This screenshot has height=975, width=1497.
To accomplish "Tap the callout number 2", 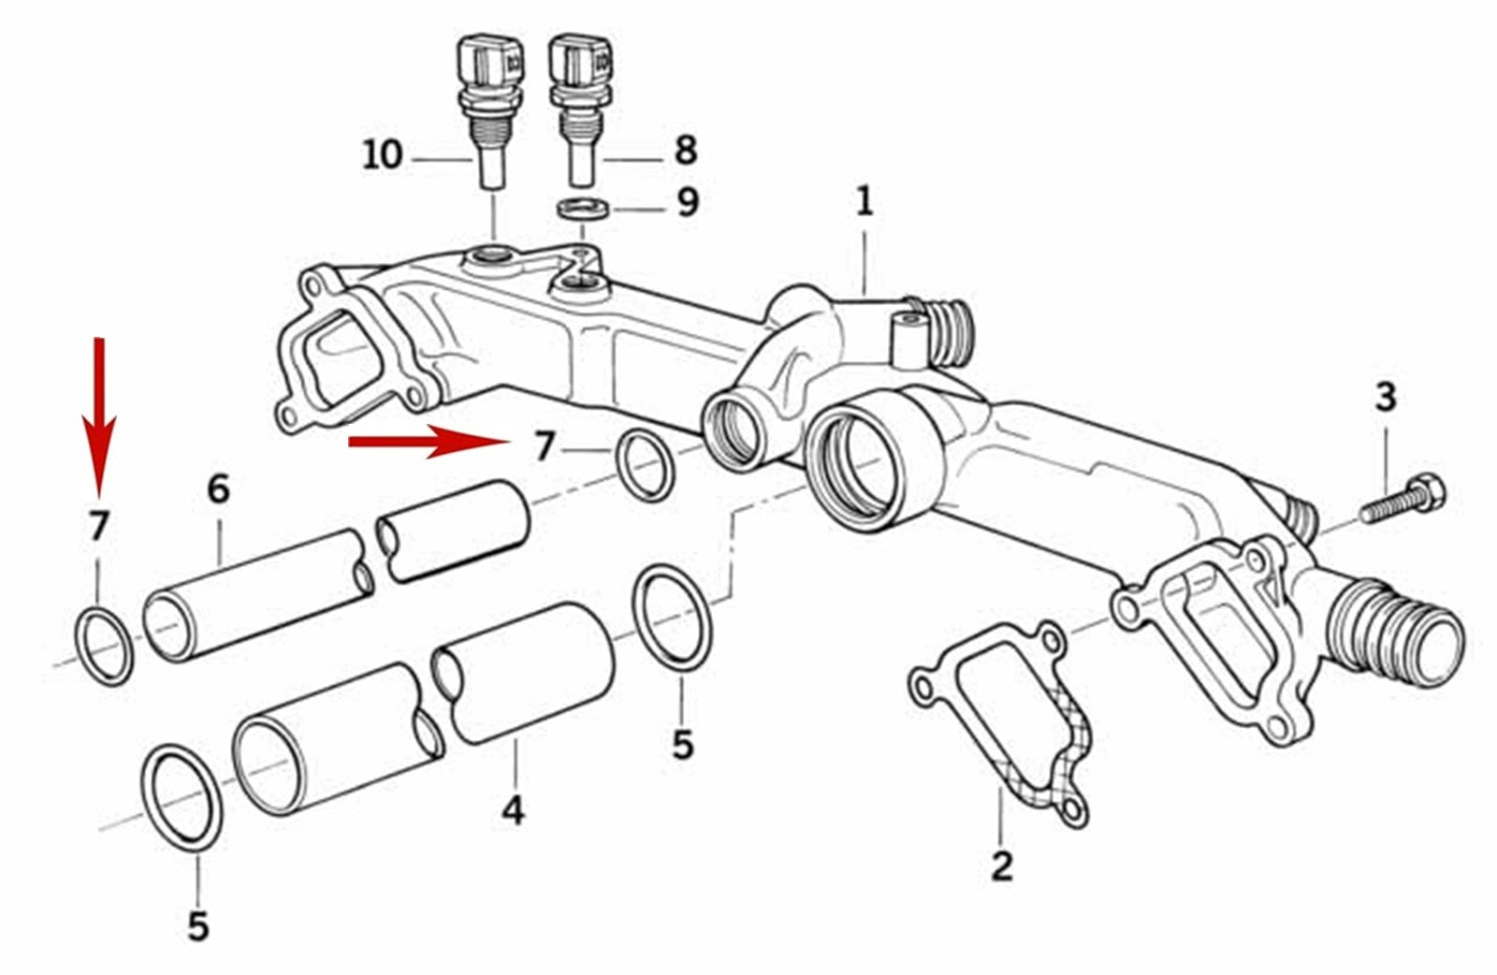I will coord(1001,866).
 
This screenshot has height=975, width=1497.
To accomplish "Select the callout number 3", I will coord(1385,397).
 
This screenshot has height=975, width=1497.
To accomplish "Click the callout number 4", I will coord(513,810).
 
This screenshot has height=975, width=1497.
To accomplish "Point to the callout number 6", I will coord(217,488).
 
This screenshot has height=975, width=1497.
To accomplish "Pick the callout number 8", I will coord(685,150).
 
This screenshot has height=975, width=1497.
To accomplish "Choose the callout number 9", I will coord(688,201).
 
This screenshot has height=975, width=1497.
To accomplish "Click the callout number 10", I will coord(383,154).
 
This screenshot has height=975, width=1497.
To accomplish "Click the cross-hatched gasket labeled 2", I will coord(1006,720).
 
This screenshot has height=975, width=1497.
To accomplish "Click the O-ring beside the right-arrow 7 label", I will coord(645,465).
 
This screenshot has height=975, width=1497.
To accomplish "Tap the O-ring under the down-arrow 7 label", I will coord(104,646).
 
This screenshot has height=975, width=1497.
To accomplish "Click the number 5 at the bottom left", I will coord(197,925).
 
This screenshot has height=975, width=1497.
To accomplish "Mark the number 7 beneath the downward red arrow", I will coord(98,527).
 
